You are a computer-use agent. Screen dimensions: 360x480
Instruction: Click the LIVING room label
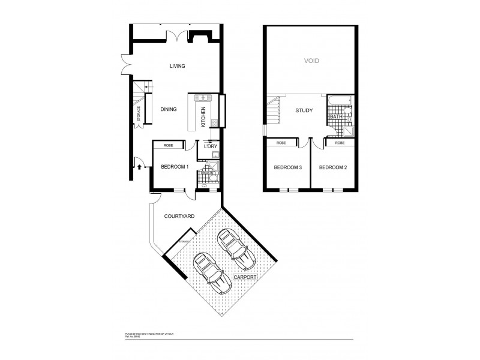(176, 66)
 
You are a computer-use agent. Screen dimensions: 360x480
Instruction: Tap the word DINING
(169, 109)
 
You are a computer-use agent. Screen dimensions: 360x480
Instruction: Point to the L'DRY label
(210, 146)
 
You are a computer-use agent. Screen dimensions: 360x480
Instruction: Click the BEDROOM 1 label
(175, 167)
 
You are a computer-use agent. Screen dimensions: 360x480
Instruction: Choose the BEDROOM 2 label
(333, 167)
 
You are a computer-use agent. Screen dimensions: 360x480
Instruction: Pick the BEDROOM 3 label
(287, 167)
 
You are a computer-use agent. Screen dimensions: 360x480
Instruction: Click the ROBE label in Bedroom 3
(281, 143)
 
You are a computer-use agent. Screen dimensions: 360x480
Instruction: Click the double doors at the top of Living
(173, 35)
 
